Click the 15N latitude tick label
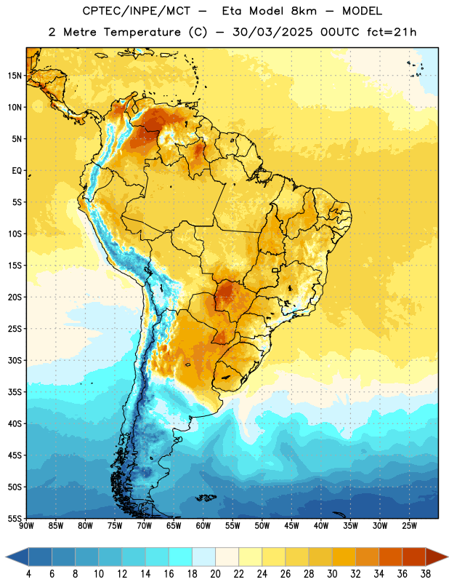(x=15, y=76)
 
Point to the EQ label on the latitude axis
(x=17, y=171)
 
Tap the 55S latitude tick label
(x=15, y=518)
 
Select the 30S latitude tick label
(x=15, y=360)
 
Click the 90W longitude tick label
(x=26, y=526)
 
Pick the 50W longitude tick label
(x=262, y=526)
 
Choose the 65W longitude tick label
(x=174, y=526)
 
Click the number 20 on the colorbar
(x=215, y=574)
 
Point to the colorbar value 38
(x=426, y=574)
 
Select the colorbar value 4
(x=28, y=574)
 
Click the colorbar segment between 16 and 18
(x=181, y=557)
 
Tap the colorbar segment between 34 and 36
(x=391, y=557)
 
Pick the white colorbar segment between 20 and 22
(x=227, y=557)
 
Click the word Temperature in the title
(x=142, y=32)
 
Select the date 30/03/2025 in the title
(x=272, y=32)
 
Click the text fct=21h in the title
(x=392, y=32)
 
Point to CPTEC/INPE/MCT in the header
(x=137, y=11)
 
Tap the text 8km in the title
(x=304, y=11)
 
